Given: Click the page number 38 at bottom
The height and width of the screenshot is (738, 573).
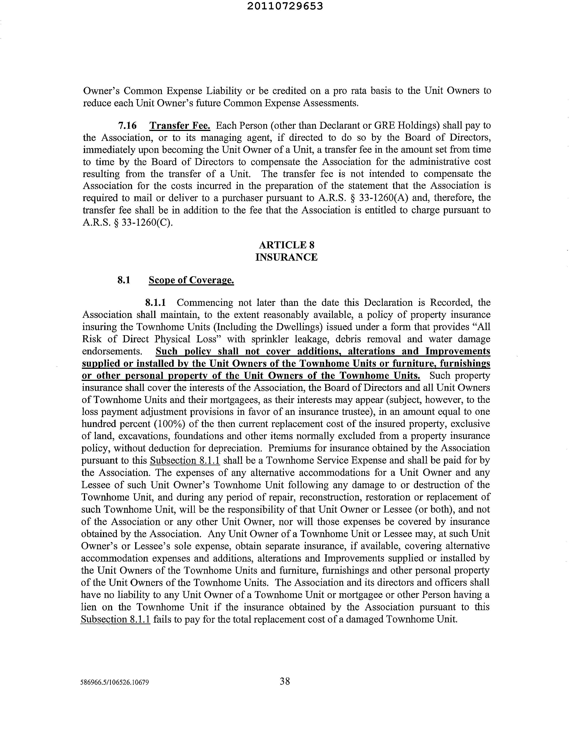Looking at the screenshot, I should coord(285,681).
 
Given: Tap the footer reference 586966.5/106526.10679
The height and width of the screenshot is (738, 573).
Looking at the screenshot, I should coord(115,682).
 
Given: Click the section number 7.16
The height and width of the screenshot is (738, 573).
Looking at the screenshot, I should coord(127,126).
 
